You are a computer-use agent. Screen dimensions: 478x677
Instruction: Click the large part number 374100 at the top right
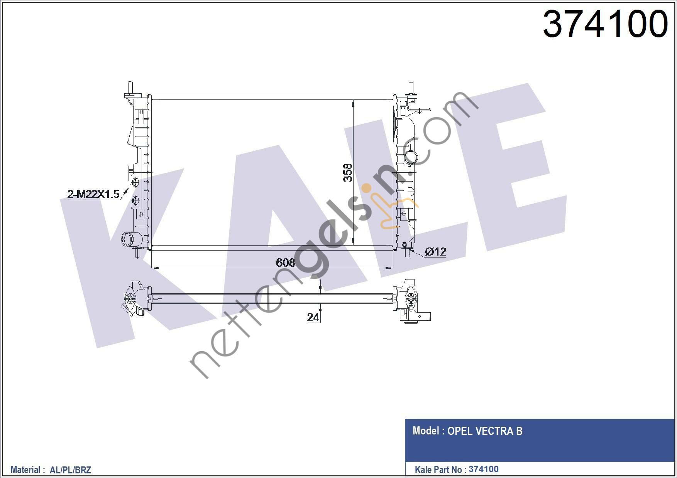605,24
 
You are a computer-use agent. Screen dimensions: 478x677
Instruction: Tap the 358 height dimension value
348,172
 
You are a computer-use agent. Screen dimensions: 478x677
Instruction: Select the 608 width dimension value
286,262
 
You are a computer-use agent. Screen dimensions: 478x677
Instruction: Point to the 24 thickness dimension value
313,317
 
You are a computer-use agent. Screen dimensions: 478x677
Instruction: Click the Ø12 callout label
435,252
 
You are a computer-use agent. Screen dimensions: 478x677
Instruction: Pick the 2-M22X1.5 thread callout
93,194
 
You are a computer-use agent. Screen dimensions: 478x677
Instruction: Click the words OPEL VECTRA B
485,431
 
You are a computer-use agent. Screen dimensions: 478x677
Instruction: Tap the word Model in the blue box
425,431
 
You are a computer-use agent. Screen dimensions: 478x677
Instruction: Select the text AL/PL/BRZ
70,470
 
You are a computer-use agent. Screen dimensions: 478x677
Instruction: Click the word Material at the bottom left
25,470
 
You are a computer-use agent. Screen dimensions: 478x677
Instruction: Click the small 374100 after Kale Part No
483,469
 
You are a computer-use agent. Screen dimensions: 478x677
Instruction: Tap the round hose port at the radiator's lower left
127,239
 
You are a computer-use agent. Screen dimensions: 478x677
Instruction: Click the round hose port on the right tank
410,157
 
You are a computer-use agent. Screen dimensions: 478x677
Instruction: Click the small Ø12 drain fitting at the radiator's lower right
405,245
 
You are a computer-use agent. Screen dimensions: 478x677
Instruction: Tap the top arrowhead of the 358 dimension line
354,103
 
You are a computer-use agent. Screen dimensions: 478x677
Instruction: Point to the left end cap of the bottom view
133,298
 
